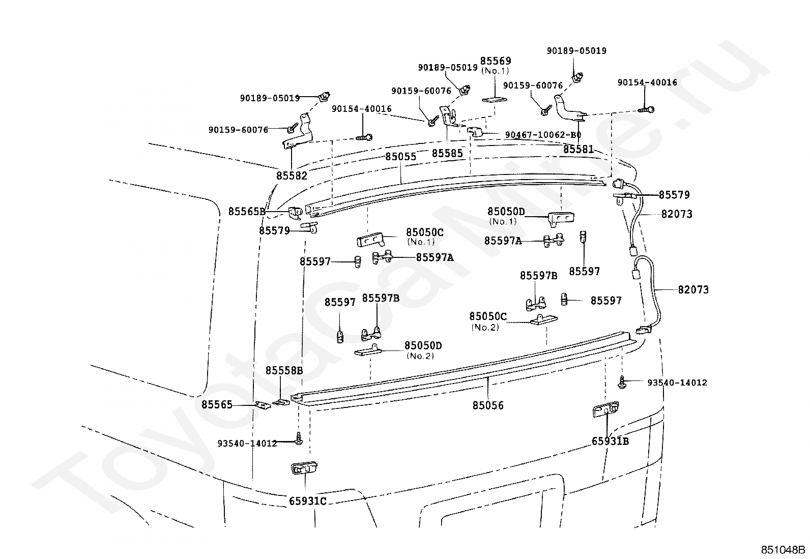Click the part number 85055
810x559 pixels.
click(400, 157)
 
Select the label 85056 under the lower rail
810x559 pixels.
click(488, 405)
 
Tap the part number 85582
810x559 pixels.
click(292, 175)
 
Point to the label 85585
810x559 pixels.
click(447, 153)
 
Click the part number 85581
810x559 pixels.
click(578, 149)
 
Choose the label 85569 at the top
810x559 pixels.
click(496, 61)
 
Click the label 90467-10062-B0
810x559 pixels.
click(543, 135)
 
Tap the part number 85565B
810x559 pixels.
click(247, 211)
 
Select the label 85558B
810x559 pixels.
click(284, 370)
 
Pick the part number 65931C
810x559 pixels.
click(308, 501)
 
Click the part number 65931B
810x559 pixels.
click(611, 441)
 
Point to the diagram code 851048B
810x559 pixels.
click(783, 550)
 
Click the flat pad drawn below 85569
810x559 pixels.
click(495, 99)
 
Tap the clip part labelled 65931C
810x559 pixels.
click(304, 468)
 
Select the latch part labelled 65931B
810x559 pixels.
click(605, 409)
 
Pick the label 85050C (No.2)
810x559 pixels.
click(488, 321)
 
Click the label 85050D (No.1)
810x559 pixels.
click(506, 216)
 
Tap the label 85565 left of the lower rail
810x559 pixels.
click(217, 404)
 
